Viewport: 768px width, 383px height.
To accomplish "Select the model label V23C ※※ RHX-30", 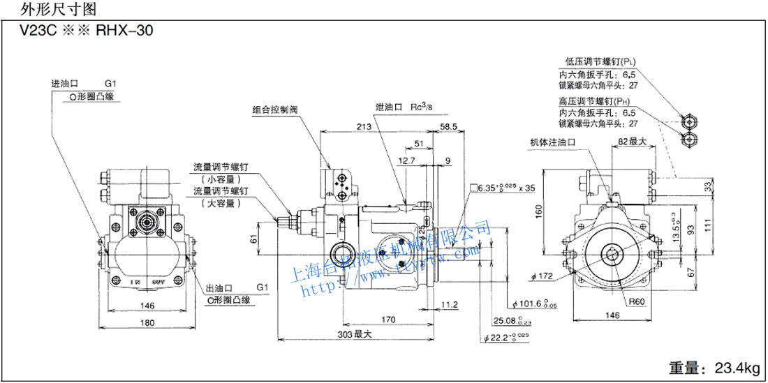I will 87,31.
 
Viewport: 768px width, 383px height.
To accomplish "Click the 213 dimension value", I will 363,127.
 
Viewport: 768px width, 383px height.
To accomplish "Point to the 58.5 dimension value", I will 448,127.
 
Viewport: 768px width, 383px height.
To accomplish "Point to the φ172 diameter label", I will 542,276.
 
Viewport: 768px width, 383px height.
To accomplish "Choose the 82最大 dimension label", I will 632,142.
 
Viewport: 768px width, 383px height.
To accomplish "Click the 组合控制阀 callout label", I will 274,110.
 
